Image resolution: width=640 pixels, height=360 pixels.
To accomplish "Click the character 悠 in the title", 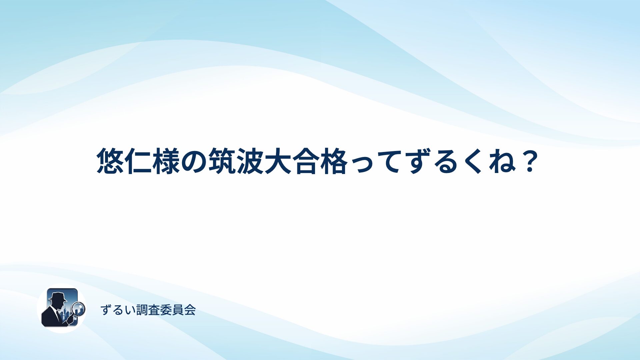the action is click(110, 161).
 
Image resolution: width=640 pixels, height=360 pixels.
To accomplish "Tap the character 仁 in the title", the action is click(138, 161).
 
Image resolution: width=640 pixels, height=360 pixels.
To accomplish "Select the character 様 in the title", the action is click(166, 161).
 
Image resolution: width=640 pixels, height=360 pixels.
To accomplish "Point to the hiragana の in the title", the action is click(194, 162).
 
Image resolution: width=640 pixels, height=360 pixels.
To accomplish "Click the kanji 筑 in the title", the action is click(222, 161).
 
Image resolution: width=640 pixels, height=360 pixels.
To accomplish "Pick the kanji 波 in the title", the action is click(250, 161).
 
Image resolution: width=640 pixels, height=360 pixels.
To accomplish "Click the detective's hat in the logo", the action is click(58, 296).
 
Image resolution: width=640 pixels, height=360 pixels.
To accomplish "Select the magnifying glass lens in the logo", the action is click(79, 308).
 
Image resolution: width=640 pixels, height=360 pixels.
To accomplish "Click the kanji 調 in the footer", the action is click(142, 310).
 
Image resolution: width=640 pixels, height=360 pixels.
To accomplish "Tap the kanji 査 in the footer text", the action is click(154, 310).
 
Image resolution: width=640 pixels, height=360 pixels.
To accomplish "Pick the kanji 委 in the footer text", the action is click(166, 310).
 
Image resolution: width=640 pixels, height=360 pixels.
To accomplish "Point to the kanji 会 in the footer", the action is click(190, 310).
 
